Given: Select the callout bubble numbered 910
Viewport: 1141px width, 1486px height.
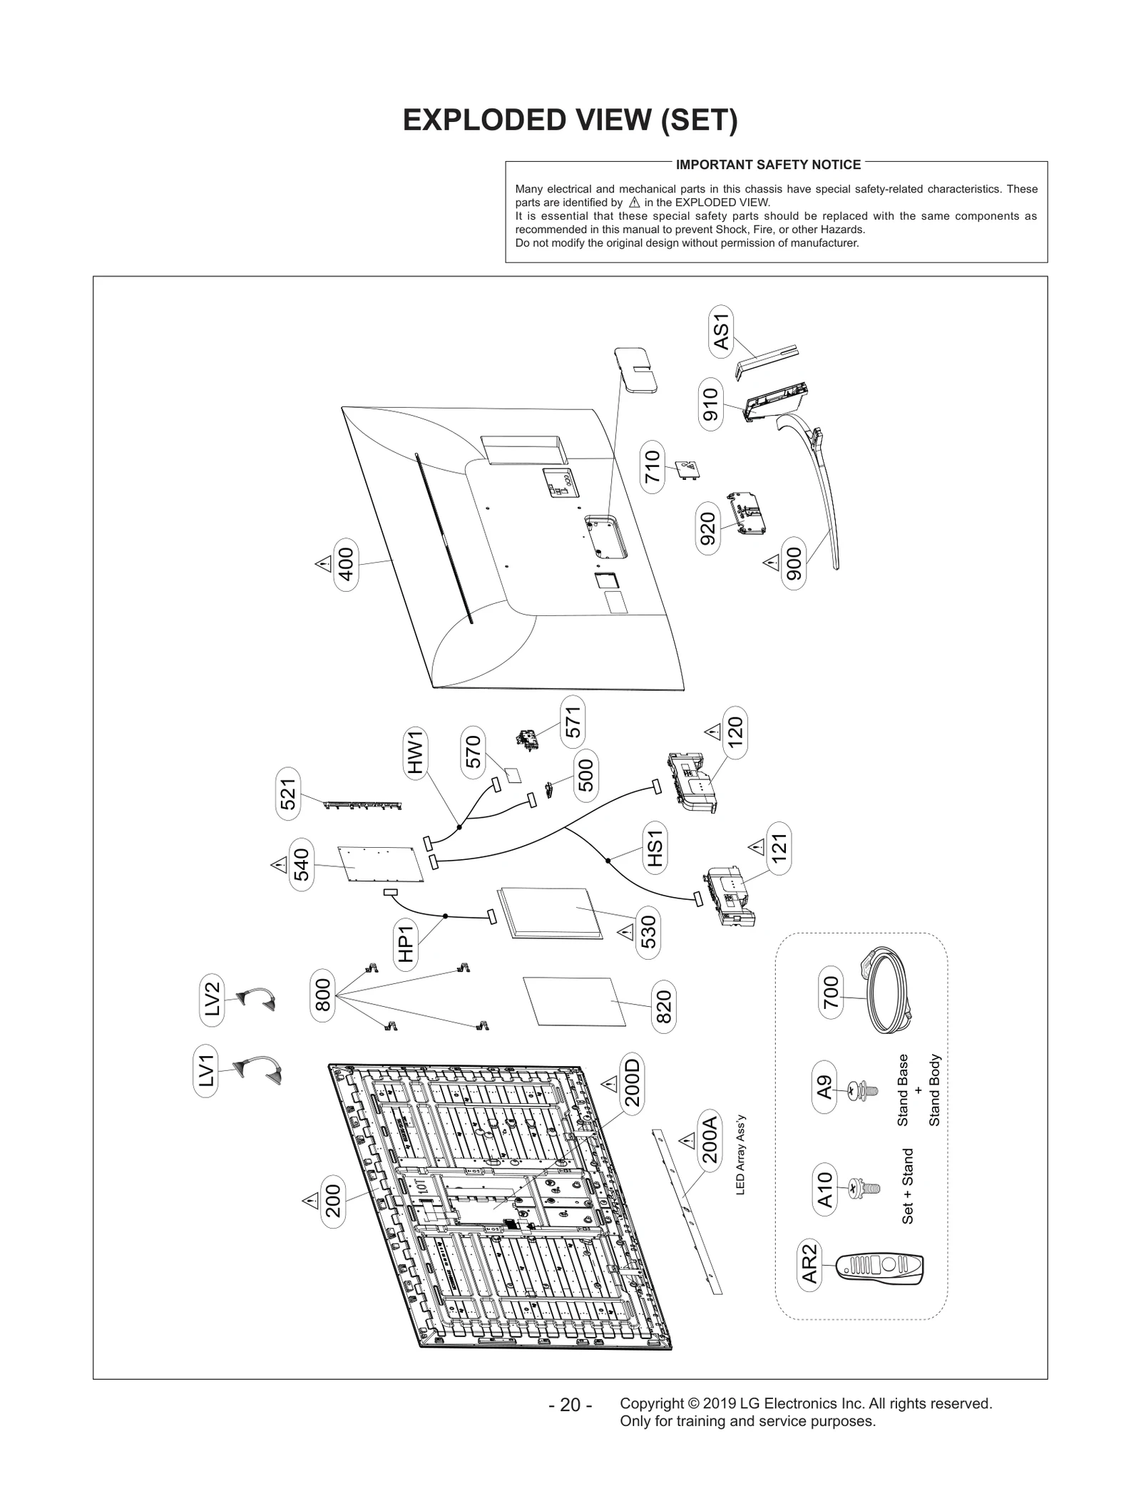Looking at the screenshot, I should click(710, 404).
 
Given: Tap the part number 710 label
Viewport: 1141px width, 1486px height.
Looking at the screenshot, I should click(653, 467).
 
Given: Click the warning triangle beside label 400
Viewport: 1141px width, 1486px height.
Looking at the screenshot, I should click(323, 564).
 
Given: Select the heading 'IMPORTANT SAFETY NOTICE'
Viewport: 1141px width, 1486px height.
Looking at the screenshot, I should click(768, 165).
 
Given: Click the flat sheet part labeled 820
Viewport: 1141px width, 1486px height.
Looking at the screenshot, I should click(575, 1001).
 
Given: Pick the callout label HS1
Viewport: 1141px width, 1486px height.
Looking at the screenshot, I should click(655, 849).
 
